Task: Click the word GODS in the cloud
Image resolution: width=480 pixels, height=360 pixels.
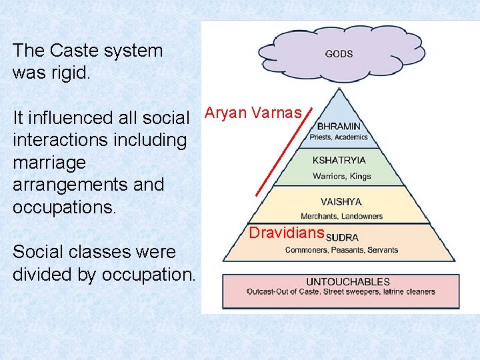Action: (339, 54)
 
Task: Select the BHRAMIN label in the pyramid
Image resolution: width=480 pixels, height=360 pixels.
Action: (339, 125)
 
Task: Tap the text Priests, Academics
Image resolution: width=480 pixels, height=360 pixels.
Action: (339, 137)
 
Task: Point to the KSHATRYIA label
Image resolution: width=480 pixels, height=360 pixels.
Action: (339, 161)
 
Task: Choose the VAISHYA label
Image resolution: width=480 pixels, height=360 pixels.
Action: (341, 202)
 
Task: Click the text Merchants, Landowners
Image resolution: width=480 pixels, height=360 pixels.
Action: (341, 216)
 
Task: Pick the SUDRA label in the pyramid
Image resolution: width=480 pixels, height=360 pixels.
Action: (342, 237)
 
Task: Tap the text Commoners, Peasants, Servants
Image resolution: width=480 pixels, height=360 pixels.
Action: (341, 250)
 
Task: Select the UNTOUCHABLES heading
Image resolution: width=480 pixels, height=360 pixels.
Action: (339, 282)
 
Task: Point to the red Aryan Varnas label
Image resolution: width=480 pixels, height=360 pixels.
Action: (253, 113)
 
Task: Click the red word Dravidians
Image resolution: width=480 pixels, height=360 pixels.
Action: (286, 233)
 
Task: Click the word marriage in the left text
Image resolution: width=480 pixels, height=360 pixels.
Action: (49, 162)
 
